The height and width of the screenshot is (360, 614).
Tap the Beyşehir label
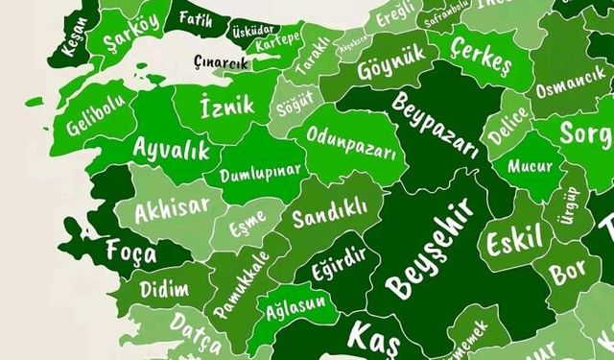pos(431,248)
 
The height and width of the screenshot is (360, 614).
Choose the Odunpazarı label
pos(351,144)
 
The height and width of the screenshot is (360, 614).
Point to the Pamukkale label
pos(238,276)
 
